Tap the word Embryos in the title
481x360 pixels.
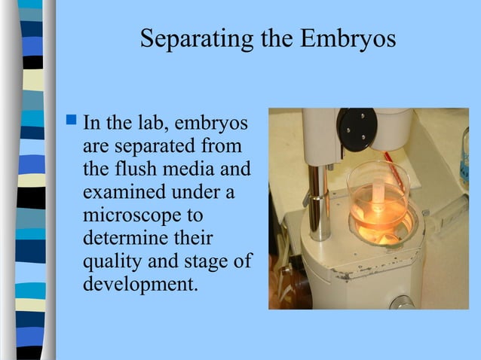(348, 39)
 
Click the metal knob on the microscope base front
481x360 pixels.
(397, 303)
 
